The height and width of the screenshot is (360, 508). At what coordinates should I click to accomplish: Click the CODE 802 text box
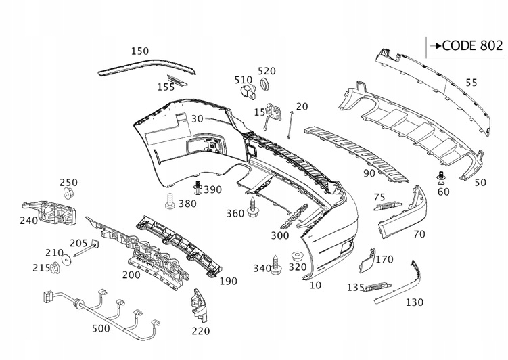tap(467, 46)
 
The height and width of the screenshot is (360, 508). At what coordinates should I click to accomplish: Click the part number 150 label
tap(140, 51)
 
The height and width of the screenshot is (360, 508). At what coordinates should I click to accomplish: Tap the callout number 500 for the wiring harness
tap(101, 330)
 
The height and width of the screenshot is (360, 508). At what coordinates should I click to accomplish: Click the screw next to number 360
tap(255, 207)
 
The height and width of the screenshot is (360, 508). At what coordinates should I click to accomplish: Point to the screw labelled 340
tap(277, 265)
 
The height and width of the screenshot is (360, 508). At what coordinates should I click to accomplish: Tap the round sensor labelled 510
tap(249, 93)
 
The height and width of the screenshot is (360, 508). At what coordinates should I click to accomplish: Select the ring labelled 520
tap(265, 85)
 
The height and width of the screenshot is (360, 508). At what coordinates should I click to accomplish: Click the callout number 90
tap(369, 173)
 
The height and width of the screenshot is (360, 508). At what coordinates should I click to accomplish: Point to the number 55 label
tap(471, 83)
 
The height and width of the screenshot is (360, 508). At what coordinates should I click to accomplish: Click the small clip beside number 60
tap(441, 179)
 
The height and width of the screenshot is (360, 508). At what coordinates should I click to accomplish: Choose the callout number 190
tap(228, 280)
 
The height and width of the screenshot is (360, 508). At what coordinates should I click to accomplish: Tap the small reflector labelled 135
tap(377, 289)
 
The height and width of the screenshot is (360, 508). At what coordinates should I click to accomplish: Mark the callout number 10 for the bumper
tap(315, 286)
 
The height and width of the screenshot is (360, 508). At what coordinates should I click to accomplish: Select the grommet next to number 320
tap(296, 256)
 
